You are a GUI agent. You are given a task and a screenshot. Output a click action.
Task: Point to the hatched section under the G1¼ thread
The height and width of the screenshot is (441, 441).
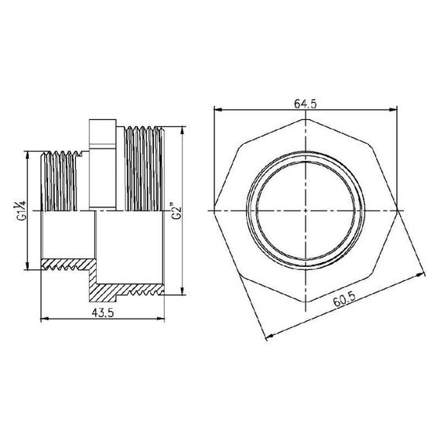pos(66,263)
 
